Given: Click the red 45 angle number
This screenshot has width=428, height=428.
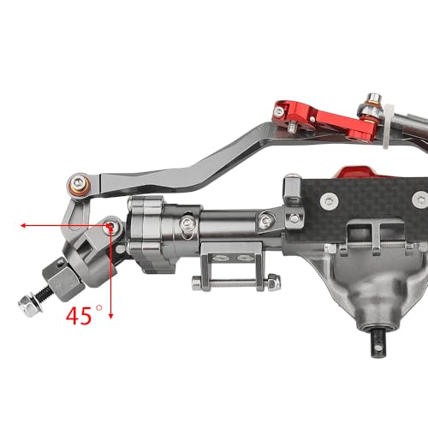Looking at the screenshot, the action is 79,316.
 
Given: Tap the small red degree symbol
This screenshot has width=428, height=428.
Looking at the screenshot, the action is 99,308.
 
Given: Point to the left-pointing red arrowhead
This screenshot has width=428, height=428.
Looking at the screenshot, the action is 23,226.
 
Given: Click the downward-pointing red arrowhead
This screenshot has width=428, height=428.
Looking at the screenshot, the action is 111,316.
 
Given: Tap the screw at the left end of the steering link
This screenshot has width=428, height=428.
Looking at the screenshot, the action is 80,182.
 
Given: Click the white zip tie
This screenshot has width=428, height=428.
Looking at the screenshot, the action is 388,127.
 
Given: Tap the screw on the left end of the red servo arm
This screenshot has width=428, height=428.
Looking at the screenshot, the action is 279,111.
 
